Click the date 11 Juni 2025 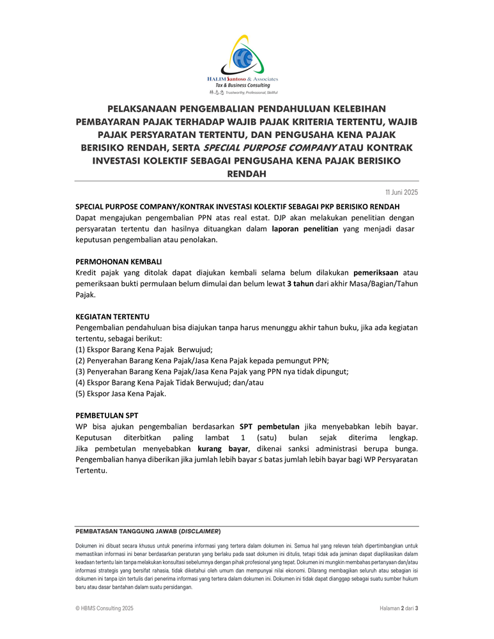[401, 192]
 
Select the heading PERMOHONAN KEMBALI [118, 261]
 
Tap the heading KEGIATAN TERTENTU [112, 316]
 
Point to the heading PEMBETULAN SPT [107, 415]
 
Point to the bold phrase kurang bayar [223, 448]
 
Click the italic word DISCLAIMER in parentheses [201, 531]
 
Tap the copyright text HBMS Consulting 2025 [105, 608]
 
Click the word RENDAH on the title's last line [246, 173]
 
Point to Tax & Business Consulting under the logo [242, 85]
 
